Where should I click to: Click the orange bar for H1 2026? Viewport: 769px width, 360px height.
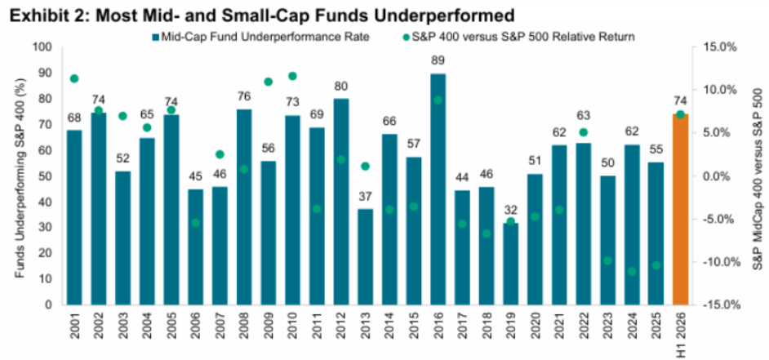click(680, 210)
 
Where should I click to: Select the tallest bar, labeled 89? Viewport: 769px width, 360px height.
click(438, 189)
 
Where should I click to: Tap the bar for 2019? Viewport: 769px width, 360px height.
click(511, 264)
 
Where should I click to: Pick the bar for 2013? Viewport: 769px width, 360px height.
click(366, 256)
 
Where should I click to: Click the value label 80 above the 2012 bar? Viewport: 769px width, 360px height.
click(341, 87)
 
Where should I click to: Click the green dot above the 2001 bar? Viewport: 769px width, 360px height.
click(74, 78)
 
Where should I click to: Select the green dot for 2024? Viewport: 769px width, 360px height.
click(632, 271)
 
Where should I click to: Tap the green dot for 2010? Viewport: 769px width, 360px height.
click(293, 76)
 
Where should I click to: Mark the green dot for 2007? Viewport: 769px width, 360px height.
click(220, 154)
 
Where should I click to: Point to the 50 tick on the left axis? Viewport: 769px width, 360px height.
click(50, 176)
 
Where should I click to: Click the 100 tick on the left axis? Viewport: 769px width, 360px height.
click(47, 47)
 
